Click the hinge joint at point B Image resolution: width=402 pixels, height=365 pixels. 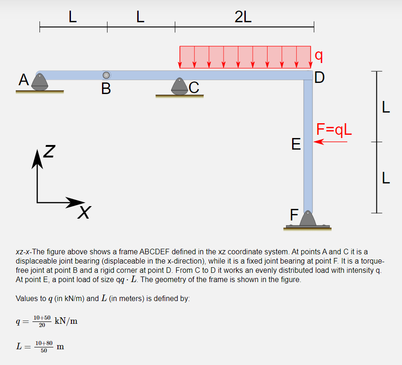[106, 75]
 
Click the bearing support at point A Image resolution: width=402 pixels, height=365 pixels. [40, 82]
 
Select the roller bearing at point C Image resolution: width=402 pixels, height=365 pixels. [179, 87]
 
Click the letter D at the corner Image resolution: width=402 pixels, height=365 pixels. [319, 77]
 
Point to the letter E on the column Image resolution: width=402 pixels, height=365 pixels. [295, 144]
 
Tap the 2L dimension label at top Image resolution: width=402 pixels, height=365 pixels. [243, 17]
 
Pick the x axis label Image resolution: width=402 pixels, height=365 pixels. [84, 213]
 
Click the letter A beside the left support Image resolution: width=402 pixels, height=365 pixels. [24, 80]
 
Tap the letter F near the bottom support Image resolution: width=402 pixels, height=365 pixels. [294, 215]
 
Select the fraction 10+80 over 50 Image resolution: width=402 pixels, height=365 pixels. [44, 346]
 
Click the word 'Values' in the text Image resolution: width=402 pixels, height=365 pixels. [27, 298]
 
